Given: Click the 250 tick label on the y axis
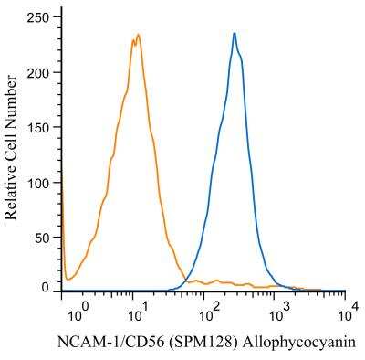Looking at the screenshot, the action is (37, 18).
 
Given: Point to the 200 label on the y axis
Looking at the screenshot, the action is (37, 73).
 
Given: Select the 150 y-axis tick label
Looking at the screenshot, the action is (37, 128).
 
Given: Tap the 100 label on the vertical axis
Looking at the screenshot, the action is (37, 183).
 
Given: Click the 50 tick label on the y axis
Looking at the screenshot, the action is (42, 238).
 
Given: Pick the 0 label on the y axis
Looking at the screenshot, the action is (46, 287).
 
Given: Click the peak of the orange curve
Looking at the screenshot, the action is (139, 34).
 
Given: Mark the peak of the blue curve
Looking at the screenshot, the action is (235, 33).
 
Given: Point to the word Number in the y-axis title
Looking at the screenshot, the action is (11, 94).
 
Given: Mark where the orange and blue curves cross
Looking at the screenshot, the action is (186, 280).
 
